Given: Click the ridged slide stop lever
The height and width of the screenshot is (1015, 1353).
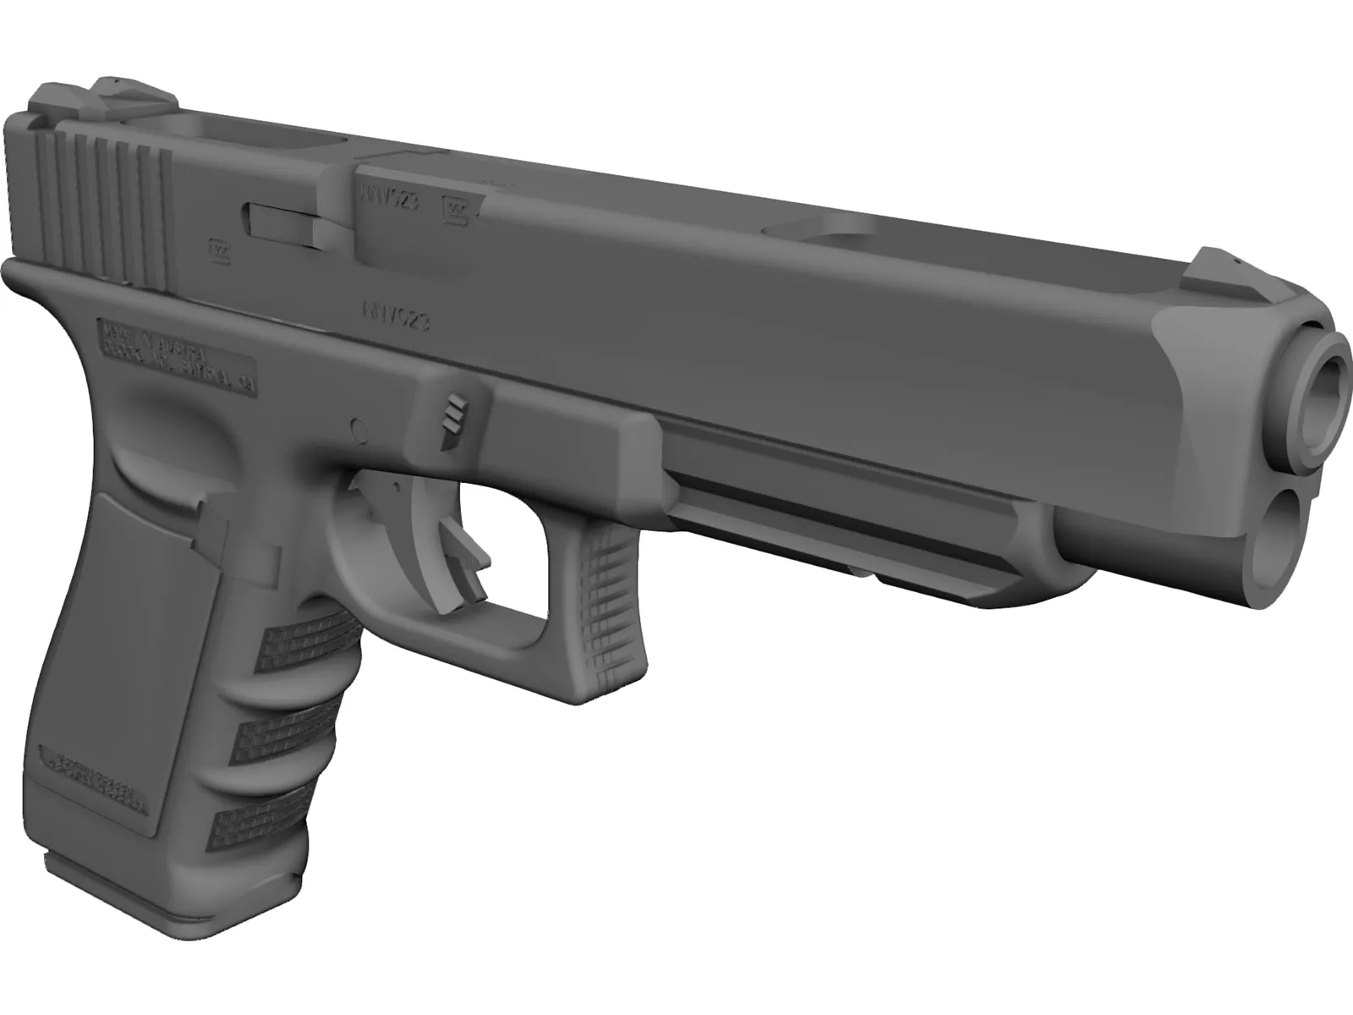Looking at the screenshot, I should (457, 418).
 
